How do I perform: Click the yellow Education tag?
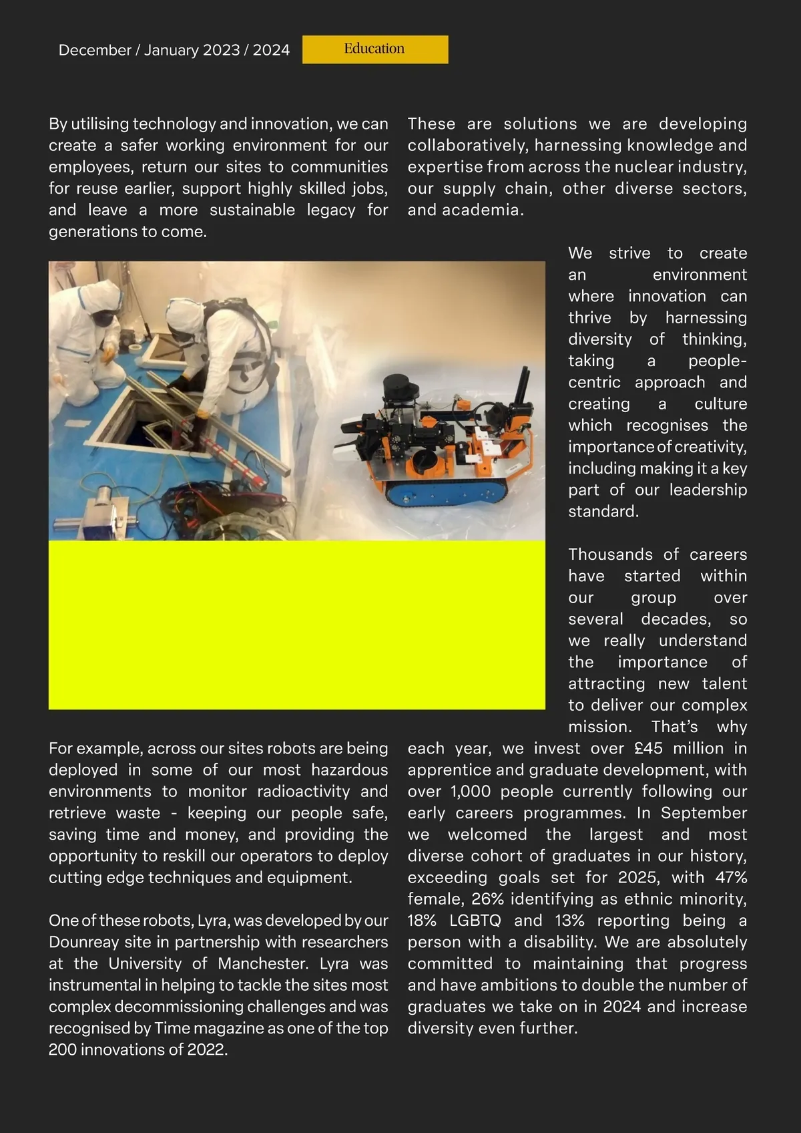pos(374,49)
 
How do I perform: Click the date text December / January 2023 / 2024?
pos(174,50)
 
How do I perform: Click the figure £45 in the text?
pos(649,748)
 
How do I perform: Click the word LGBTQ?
pos(475,921)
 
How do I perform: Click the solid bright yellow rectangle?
pos(296,625)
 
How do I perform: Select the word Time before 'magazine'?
pos(172,1028)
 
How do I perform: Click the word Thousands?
pos(601,554)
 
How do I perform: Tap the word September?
pos(704,813)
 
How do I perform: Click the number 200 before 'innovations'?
pos(63,1049)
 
